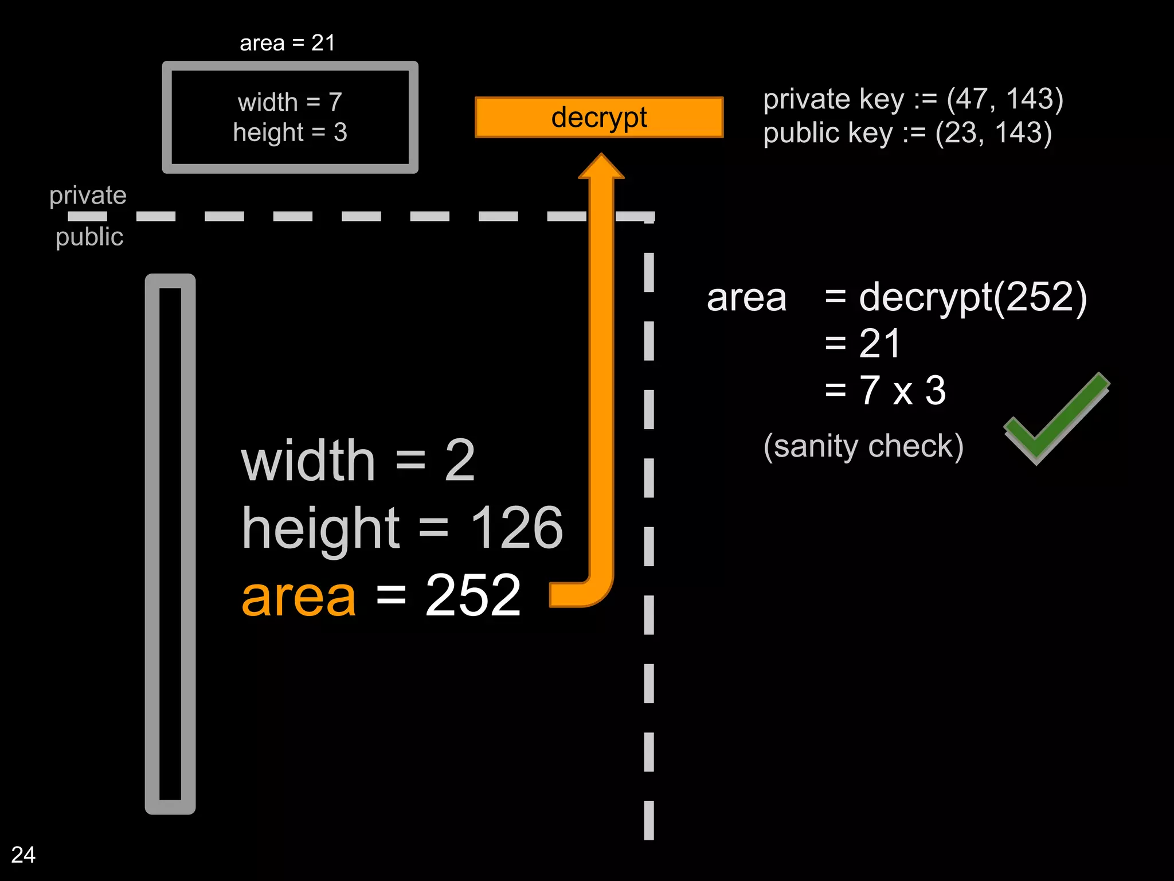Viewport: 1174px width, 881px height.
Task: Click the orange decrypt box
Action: pos(598,118)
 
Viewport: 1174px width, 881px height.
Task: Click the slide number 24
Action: pos(23,855)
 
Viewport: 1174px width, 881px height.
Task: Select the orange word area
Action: pos(299,597)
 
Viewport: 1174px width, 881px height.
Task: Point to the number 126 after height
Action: pos(516,528)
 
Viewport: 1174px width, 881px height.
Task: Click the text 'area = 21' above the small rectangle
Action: pos(287,43)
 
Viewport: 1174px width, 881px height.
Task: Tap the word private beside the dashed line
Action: pos(88,196)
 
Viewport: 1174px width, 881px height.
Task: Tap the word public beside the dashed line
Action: pos(89,237)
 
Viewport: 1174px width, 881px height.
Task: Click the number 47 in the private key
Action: pos(975,99)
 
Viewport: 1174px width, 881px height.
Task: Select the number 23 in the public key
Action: pos(963,133)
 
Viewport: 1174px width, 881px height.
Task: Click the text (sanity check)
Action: pos(863,446)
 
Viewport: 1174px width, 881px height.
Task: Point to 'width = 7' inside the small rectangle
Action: pos(290,103)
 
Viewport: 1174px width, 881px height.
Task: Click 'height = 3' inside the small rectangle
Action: pos(290,132)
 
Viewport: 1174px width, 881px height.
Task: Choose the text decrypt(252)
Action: pos(972,298)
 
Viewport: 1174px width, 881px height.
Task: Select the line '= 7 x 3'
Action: pos(885,391)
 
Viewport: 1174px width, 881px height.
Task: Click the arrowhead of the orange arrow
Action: pos(601,166)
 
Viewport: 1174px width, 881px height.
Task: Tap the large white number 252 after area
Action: pos(473,597)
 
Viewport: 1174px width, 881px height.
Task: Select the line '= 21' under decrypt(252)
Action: pos(862,344)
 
